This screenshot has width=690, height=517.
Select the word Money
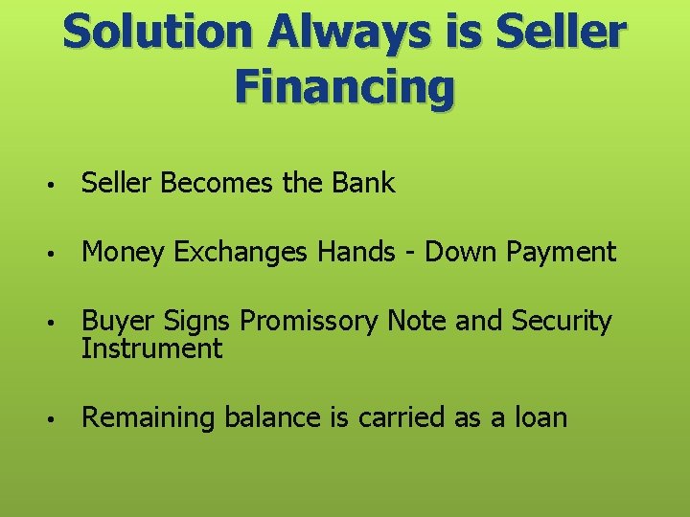pos(122,252)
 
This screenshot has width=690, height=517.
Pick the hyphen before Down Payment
pos(414,254)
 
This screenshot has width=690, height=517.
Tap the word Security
pos(561,323)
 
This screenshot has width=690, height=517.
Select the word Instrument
pos(151,348)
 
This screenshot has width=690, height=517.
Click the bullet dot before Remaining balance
pos(59,419)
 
